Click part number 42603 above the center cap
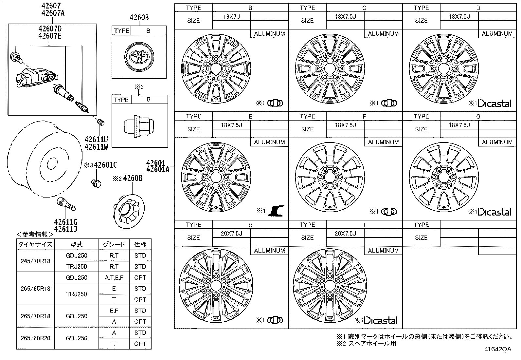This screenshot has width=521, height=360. click(139, 17)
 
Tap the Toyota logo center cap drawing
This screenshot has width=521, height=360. click(139, 57)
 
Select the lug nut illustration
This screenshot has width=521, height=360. click(139, 126)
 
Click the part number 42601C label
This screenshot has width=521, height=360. click(106, 165)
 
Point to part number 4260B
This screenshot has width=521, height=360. click(133, 178)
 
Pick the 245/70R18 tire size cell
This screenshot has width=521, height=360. click(35, 261)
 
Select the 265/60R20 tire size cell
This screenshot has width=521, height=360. click(35, 338)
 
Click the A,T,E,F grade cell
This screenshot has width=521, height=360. click(114, 277)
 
